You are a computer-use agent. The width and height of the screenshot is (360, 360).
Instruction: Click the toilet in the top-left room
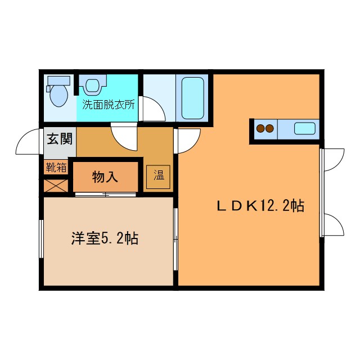57,93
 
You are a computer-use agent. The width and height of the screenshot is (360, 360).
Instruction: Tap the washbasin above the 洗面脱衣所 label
92,86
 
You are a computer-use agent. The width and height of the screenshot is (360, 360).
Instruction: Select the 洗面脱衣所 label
109,104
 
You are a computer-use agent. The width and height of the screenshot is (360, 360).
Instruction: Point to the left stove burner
260,128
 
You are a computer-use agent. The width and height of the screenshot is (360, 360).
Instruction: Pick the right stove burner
270,128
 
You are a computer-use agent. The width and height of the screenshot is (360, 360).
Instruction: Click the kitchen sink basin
304,128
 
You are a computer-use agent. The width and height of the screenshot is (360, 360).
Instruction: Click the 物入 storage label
105,177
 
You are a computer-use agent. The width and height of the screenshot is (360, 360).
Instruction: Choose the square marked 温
158,176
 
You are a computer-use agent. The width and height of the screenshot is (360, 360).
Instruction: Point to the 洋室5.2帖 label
105,238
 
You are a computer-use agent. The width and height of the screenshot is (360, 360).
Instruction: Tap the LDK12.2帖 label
260,206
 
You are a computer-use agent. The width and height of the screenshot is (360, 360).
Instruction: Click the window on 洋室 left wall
41,238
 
